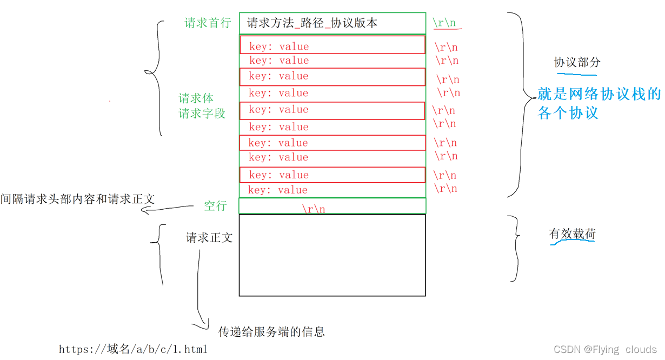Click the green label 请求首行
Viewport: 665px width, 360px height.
pos(208,23)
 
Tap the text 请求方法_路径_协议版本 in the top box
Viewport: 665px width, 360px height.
pos(312,23)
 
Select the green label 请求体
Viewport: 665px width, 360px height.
pos(196,98)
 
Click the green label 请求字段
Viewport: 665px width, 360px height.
pos(202,114)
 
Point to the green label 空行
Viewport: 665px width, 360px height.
pos(215,206)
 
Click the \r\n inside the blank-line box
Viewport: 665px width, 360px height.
pos(314,209)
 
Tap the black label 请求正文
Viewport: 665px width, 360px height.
pos(209,238)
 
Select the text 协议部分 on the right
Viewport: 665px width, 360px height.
pos(577,63)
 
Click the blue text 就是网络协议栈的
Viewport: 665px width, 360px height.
pos(598,95)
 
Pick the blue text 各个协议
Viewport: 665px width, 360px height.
pos(568,113)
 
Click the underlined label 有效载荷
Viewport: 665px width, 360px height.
pos(573,235)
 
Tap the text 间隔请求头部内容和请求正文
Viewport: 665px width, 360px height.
pos(77,199)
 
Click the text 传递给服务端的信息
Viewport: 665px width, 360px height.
pos(271,332)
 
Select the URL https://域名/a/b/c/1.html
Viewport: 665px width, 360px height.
pos(133,350)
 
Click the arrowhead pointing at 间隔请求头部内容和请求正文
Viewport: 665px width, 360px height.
pos(145,210)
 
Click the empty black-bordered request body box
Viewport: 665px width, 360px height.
pos(332,255)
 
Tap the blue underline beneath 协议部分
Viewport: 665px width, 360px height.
pos(576,74)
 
